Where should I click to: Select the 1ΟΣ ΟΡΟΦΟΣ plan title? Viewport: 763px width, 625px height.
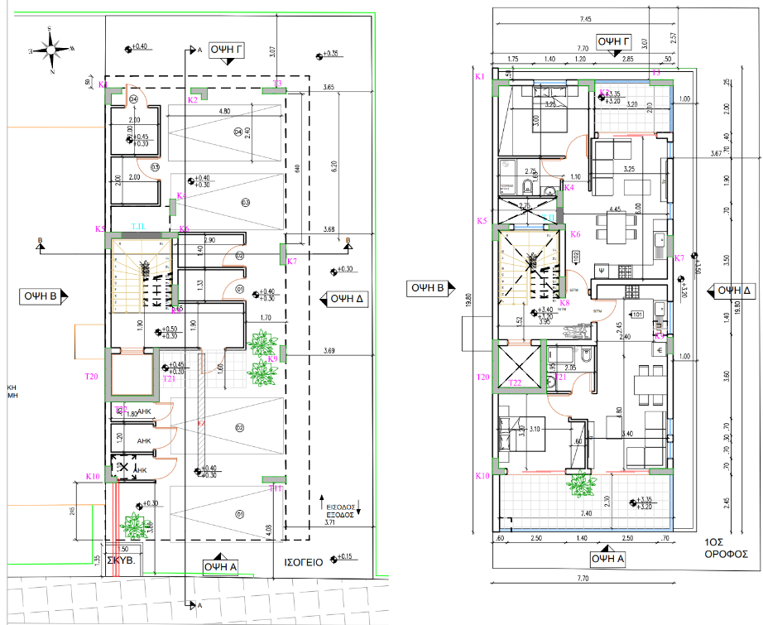(x=726, y=549)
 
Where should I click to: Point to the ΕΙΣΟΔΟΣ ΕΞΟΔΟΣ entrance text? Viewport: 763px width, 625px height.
(x=339, y=509)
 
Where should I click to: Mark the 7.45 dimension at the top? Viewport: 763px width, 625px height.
(x=586, y=19)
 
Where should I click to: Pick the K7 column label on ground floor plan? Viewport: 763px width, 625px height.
(x=291, y=262)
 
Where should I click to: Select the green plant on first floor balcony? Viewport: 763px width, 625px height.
(x=581, y=484)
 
